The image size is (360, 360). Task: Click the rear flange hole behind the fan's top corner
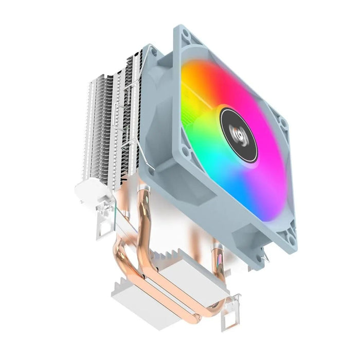(x=153, y=50)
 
